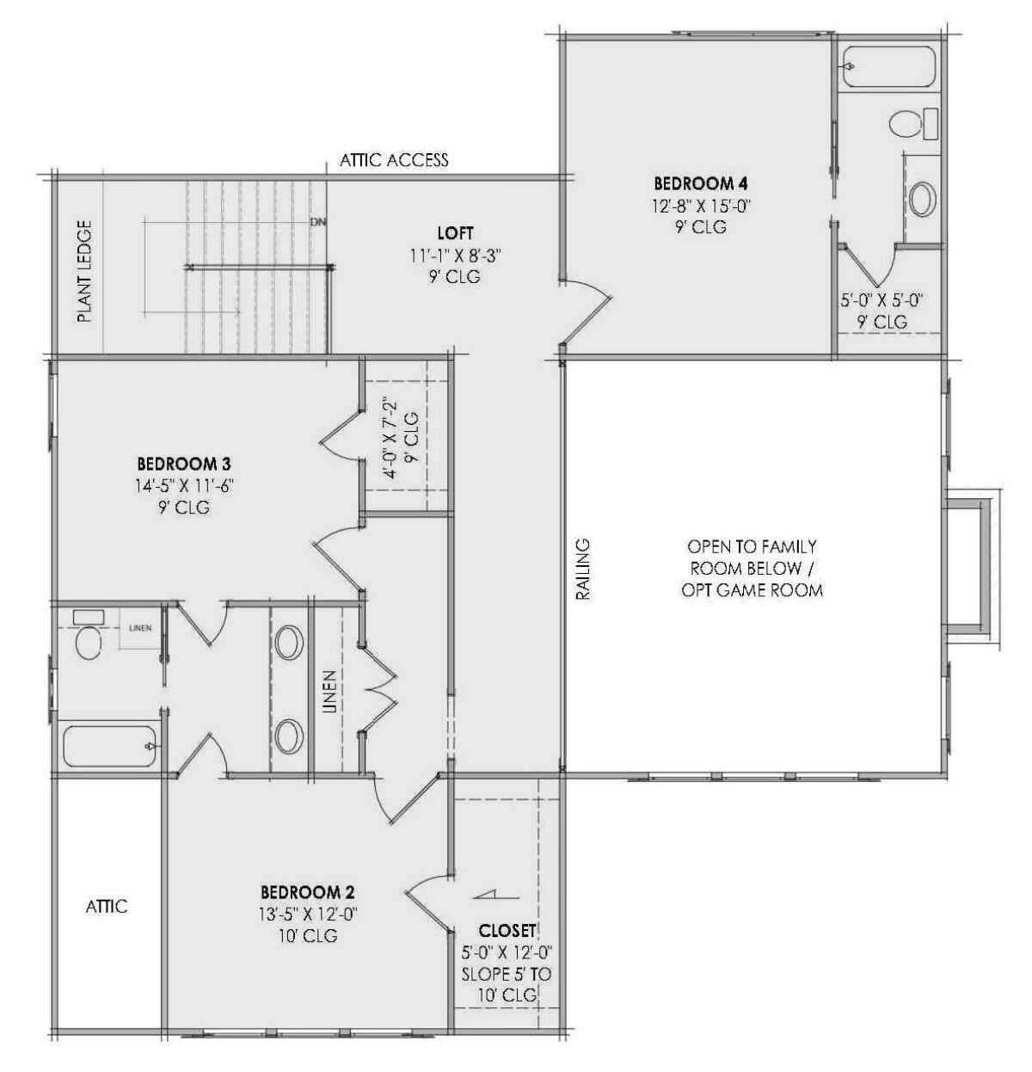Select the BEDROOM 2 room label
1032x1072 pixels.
[308, 892]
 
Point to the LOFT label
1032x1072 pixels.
[455, 233]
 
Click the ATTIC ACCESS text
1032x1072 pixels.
[394, 160]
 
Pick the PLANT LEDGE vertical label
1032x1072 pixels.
[84, 271]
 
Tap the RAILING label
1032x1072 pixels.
[583, 569]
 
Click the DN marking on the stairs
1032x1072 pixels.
[319, 222]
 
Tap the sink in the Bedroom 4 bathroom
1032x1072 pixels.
[922, 198]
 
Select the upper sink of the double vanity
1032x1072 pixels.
[289, 643]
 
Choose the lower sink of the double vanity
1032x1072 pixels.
[289, 736]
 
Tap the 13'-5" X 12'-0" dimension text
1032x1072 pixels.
[308, 914]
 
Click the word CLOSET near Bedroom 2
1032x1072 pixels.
[507, 931]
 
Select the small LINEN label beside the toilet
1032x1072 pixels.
[139, 628]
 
